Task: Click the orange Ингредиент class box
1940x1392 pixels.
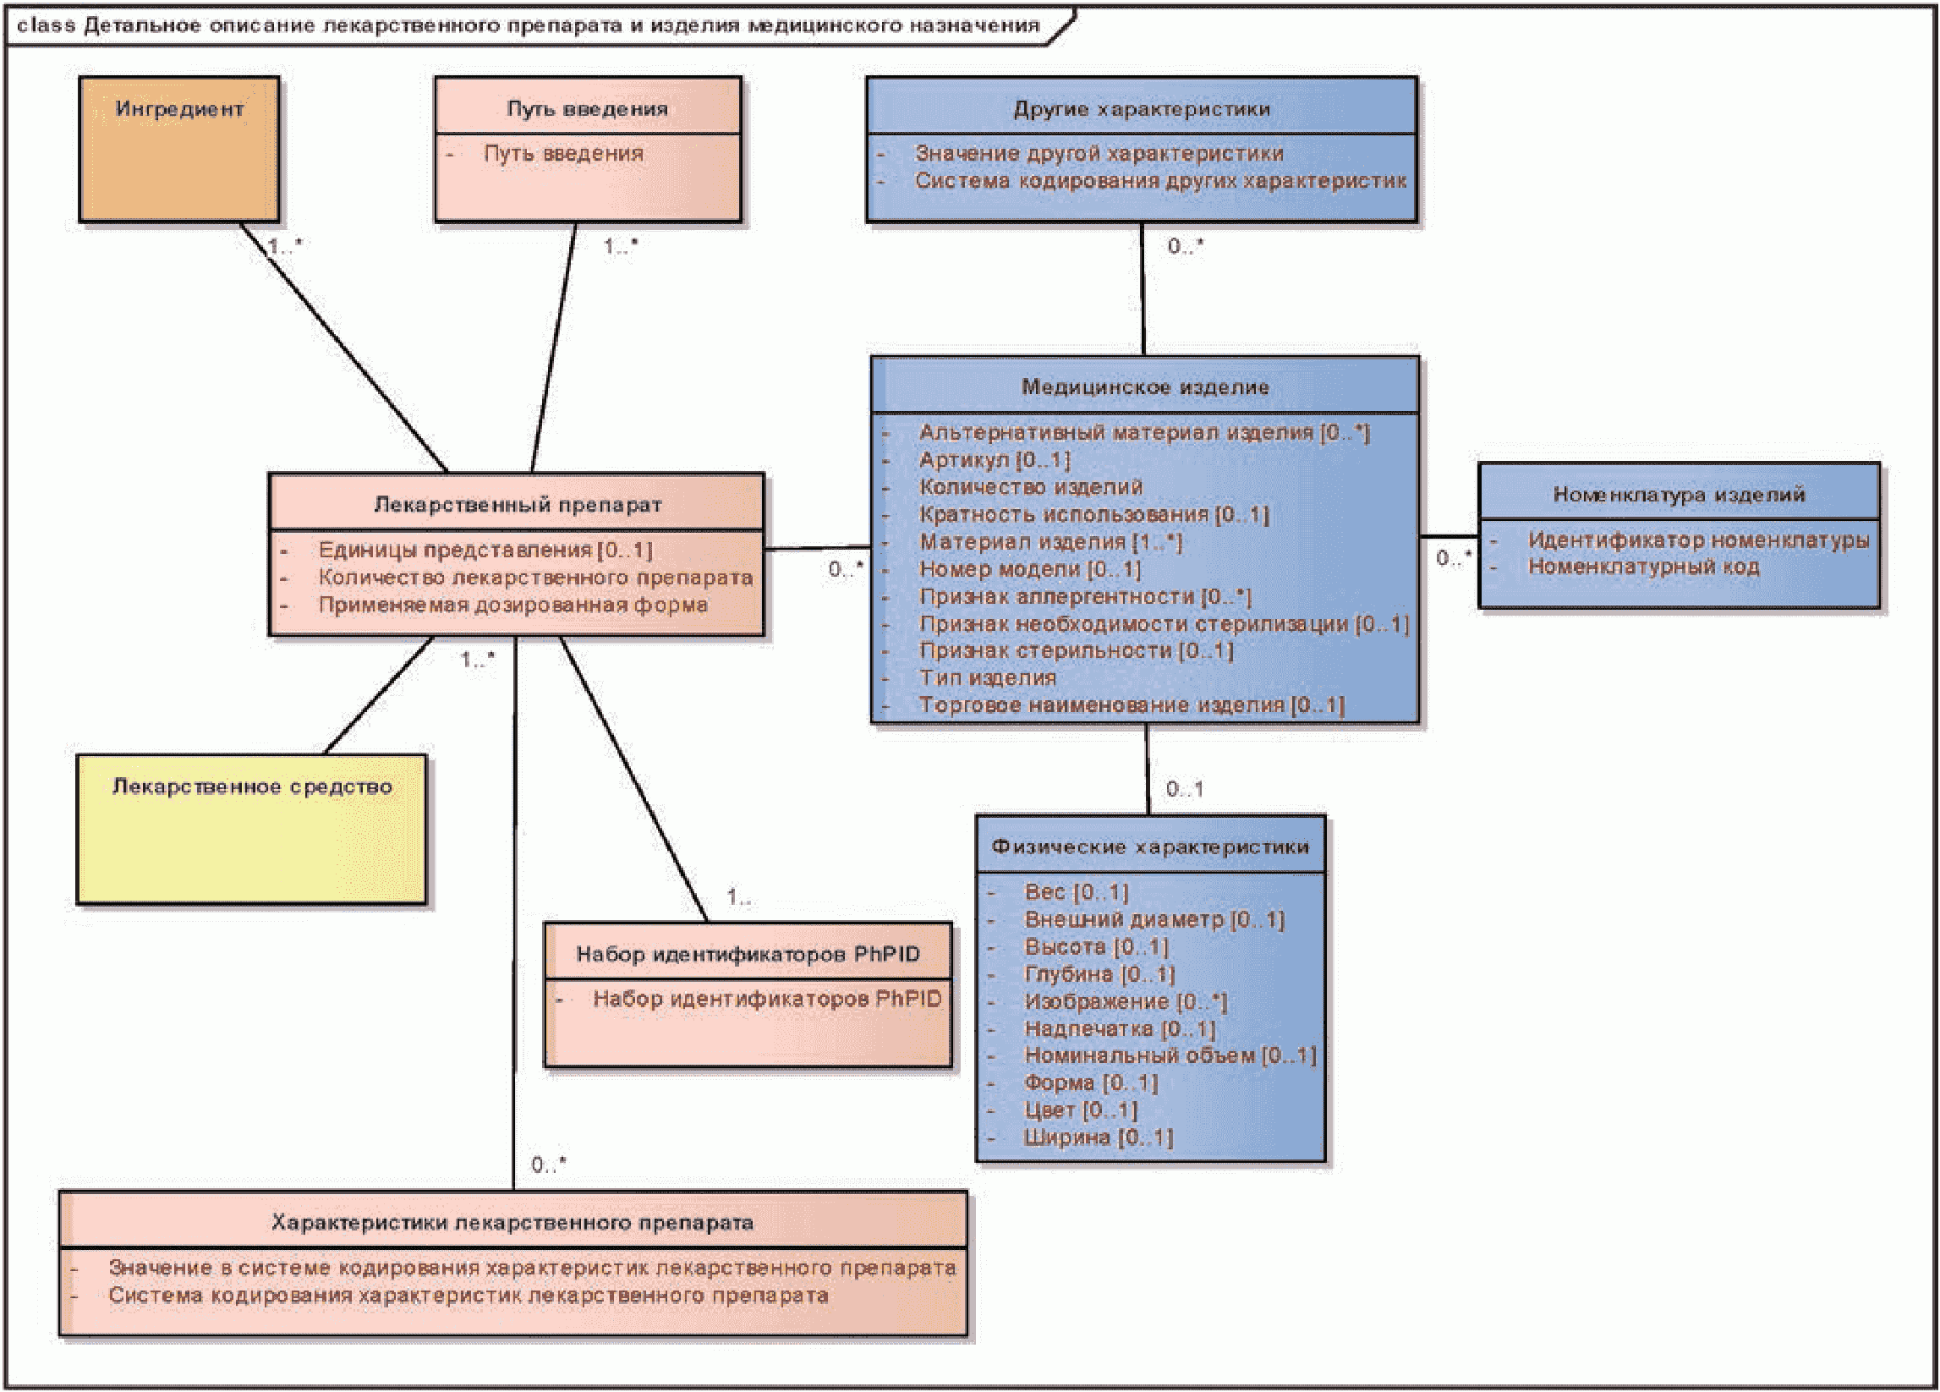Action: (x=178, y=150)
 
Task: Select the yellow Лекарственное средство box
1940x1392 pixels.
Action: (x=251, y=829)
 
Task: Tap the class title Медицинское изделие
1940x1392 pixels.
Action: (x=1145, y=387)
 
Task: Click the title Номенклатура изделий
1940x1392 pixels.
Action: (x=1680, y=495)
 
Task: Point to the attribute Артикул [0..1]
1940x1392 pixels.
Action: (x=994, y=459)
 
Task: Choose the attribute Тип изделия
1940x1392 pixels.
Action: (x=987, y=677)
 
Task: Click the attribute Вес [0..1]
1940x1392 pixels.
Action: (x=1076, y=892)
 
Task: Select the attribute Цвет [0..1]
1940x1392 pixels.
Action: (x=1080, y=1110)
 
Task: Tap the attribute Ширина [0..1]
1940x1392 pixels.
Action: (x=1099, y=1138)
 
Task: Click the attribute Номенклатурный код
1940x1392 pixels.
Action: (x=1643, y=567)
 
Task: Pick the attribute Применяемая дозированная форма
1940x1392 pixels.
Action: (x=513, y=605)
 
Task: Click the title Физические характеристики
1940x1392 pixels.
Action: (x=1150, y=847)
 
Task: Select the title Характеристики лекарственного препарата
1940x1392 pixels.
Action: (x=512, y=1223)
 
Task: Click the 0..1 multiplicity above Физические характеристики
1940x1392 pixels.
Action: (x=1185, y=789)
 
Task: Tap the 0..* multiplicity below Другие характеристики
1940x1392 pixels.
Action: (x=1186, y=246)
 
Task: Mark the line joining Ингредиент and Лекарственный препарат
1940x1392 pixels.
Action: (x=344, y=348)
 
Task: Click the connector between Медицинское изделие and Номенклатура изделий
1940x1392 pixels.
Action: (x=1449, y=536)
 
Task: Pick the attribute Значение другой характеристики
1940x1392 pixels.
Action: (x=1099, y=153)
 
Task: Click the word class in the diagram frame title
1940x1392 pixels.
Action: (x=47, y=25)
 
